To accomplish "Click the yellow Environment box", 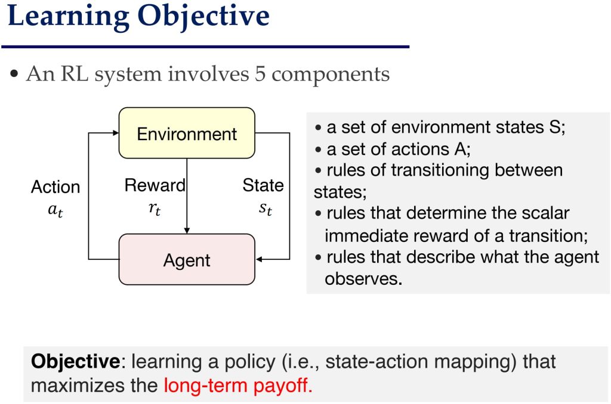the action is [187, 133].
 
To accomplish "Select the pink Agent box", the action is [187, 259].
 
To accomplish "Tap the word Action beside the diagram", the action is [55, 187].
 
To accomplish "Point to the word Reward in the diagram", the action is [155, 185].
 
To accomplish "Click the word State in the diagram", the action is [263, 185].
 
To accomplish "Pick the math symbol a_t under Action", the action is [55, 210].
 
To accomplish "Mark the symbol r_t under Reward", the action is [155, 209].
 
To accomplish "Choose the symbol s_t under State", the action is [266, 209].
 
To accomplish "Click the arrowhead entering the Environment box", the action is [116, 133].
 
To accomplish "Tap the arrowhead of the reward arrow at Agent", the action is [187, 231].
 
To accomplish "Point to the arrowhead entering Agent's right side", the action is [259, 259].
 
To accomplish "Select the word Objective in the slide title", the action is [203, 16].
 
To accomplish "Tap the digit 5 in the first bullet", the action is [260, 73].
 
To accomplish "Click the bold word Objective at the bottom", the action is [76, 361].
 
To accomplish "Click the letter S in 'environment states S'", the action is [555, 128].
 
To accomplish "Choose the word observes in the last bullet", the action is [363, 279].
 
